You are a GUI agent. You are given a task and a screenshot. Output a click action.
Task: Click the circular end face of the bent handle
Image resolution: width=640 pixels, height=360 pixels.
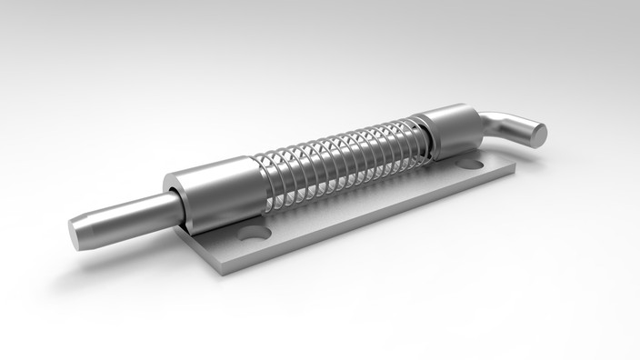538,135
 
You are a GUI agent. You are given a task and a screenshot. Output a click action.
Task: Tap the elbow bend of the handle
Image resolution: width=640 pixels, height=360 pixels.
495,122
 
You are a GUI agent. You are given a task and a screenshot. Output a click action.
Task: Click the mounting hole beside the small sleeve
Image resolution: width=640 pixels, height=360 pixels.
469,165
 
